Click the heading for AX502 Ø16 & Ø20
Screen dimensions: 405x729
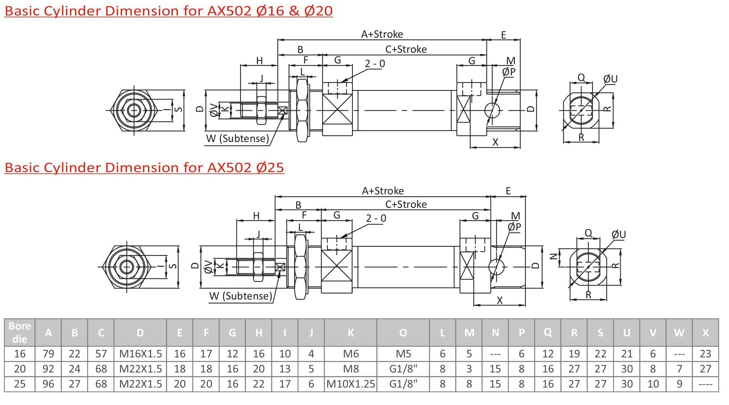point(168,11)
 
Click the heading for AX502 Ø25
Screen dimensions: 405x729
point(144,167)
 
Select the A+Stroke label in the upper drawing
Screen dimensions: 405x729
point(382,34)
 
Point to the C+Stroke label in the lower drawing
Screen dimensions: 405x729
point(406,204)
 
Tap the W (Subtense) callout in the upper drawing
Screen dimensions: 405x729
point(237,138)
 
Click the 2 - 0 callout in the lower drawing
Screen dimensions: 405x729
point(375,218)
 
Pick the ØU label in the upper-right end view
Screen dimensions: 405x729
point(610,79)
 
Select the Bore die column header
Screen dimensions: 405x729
point(19,332)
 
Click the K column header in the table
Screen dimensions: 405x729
point(350,332)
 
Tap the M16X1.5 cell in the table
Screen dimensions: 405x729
point(140,353)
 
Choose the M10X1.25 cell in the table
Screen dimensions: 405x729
point(350,384)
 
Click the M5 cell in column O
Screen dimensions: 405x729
point(403,353)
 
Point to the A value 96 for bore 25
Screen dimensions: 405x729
point(48,384)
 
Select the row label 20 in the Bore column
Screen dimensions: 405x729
point(19,369)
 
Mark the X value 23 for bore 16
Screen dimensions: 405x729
point(705,353)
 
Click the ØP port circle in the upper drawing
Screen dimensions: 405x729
point(492,109)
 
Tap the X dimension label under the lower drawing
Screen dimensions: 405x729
point(500,300)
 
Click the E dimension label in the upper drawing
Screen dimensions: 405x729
point(503,35)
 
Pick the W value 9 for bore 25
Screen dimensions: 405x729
point(679,384)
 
